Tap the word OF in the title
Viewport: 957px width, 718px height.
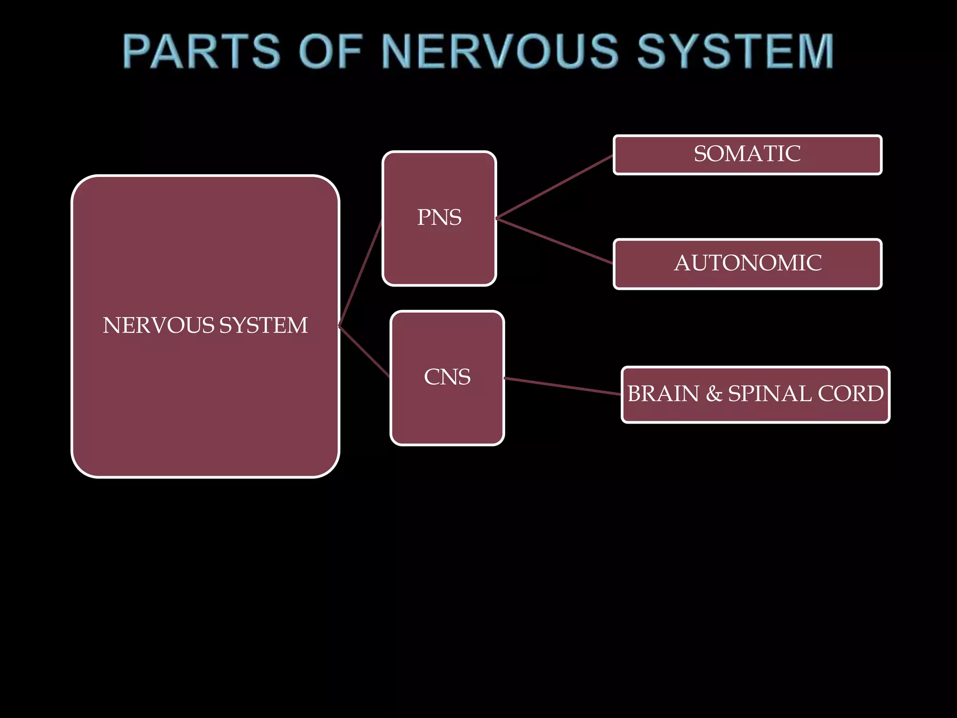[330, 51]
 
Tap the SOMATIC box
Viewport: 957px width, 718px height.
[747, 154]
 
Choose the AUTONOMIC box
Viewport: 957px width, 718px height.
[747, 264]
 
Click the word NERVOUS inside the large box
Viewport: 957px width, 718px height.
[158, 325]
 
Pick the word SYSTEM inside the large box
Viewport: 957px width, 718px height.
[264, 325]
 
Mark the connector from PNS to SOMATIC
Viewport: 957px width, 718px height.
[554, 187]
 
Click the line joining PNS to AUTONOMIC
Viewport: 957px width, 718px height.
[554, 241]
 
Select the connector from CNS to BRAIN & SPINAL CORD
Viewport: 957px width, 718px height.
[563, 386]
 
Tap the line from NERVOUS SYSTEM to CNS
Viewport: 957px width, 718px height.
[364, 352]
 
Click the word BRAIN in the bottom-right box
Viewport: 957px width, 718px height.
[663, 394]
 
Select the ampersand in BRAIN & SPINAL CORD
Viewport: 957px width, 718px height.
[714, 394]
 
